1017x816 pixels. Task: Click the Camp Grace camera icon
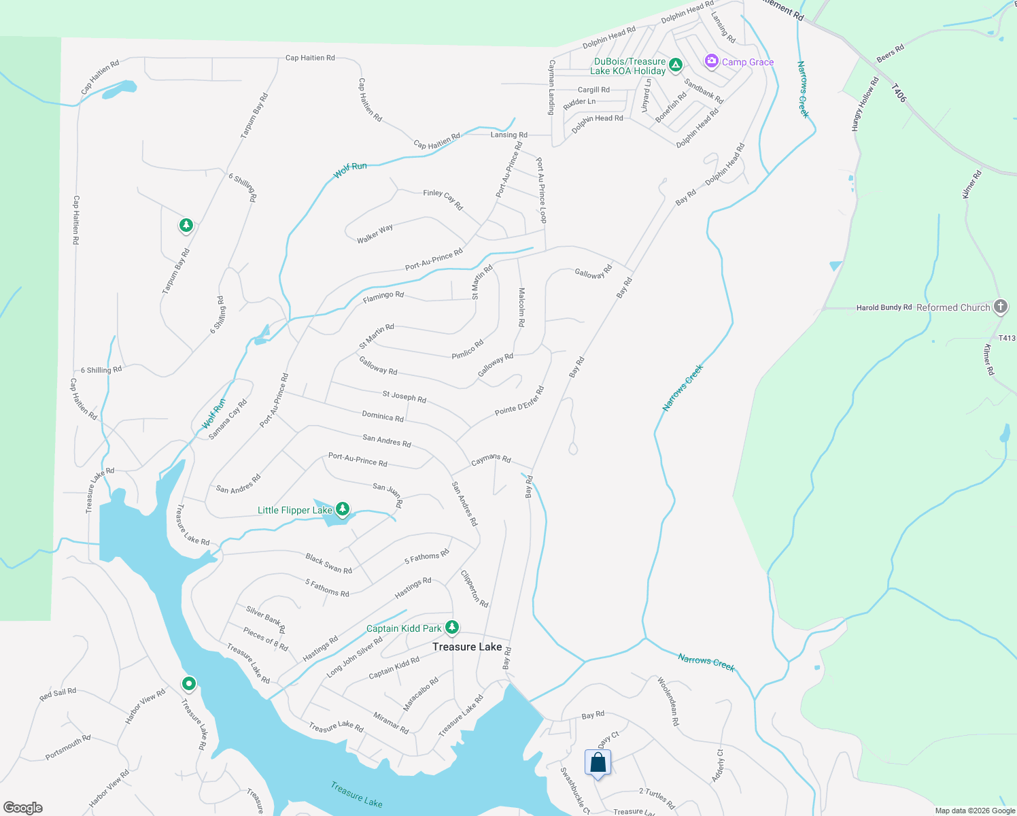(711, 61)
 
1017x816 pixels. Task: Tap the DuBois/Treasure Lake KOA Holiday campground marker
(675, 65)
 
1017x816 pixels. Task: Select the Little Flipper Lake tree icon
(343, 509)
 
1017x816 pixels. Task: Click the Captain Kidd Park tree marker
(451, 627)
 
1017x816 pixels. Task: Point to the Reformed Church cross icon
(1000, 307)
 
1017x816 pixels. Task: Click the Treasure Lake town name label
(467, 647)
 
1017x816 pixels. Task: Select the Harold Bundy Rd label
(884, 307)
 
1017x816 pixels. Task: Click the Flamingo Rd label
(383, 296)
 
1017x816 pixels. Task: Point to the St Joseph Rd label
(404, 396)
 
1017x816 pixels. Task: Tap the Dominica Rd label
(383, 416)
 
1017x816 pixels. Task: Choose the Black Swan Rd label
(328, 564)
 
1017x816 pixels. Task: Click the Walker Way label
(375, 233)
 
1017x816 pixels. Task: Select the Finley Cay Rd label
(443, 199)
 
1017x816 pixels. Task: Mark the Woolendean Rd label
(668, 700)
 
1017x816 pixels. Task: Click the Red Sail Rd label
(58, 694)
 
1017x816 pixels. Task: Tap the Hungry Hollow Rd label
(865, 103)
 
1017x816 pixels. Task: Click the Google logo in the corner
(22, 807)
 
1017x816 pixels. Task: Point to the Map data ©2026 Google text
(974, 811)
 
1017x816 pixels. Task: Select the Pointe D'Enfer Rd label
(519, 401)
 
